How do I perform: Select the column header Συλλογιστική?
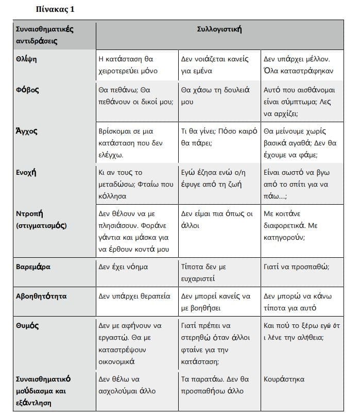[219, 29]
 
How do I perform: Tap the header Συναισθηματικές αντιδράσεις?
[44, 35]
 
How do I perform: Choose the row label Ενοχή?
[27, 172]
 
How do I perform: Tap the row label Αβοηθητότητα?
[41, 296]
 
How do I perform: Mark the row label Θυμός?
[27, 326]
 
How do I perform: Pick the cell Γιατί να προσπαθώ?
[296, 267]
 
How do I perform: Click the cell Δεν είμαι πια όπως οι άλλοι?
[217, 219]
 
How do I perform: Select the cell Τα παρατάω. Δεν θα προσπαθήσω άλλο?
[216, 385]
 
